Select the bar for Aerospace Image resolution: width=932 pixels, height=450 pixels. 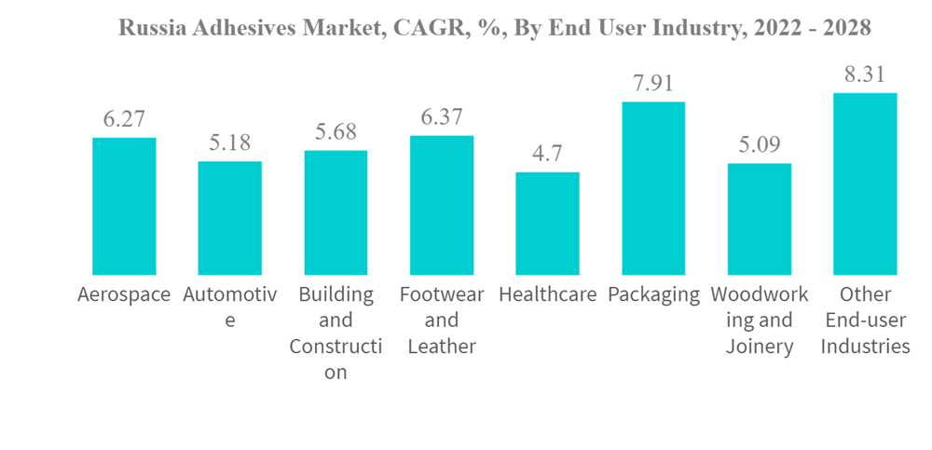[x=124, y=206]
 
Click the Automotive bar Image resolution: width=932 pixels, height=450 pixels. [x=230, y=218]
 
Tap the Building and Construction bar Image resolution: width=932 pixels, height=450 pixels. [x=336, y=212]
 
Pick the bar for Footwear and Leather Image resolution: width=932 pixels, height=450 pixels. [x=442, y=205]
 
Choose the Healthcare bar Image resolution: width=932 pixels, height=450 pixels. [x=547, y=224]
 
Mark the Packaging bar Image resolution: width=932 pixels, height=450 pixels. [x=653, y=188]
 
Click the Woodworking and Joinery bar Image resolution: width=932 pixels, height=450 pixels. [x=760, y=219]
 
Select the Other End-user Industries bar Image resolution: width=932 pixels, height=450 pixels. [x=865, y=184]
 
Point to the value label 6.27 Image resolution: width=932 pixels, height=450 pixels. [x=124, y=119]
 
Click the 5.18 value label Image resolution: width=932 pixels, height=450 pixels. [x=230, y=143]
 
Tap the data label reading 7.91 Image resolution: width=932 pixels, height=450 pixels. [x=653, y=83]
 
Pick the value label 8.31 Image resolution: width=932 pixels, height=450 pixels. [x=865, y=75]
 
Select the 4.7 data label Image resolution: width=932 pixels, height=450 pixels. [x=547, y=154]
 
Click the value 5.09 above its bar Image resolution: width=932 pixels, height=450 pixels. [x=760, y=145]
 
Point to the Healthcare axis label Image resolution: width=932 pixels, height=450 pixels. [x=547, y=295]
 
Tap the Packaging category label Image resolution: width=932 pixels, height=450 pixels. [x=653, y=295]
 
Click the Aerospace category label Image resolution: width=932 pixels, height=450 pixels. [x=124, y=295]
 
